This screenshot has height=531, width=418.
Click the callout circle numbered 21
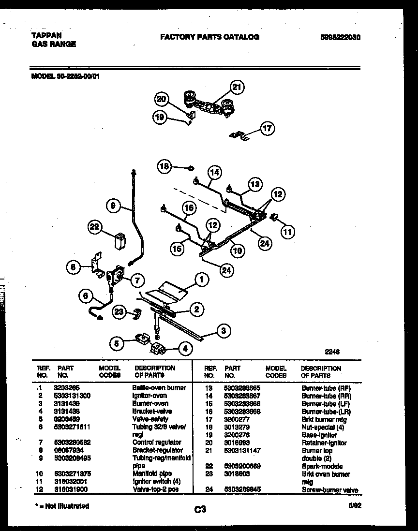[x=236, y=88]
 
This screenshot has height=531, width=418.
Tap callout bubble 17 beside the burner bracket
[x=267, y=128]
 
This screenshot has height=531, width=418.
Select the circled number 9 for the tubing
[x=113, y=206]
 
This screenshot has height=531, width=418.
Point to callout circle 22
[x=95, y=227]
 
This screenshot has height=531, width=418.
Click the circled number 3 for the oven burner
[x=223, y=331]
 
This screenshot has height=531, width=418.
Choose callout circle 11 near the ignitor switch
[x=288, y=232]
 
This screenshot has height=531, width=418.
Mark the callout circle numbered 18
[x=164, y=167]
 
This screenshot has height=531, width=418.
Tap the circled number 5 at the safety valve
[x=116, y=344]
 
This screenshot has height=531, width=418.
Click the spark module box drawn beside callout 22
[x=119, y=240]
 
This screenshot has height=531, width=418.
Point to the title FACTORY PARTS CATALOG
[x=209, y=37]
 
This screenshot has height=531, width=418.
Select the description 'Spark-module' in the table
[x=322, y=466]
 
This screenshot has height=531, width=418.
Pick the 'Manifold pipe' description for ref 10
[x=152, y=473]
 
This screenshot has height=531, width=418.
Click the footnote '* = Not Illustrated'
[x=60, y=506]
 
